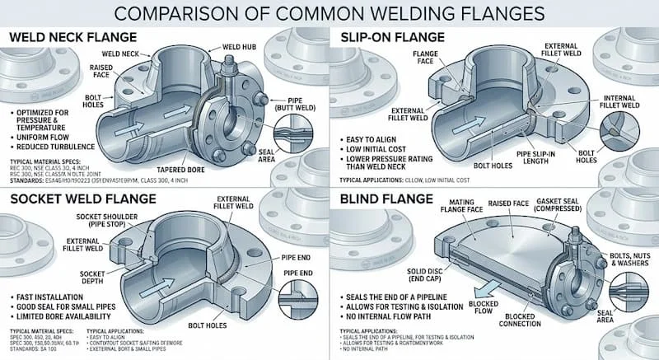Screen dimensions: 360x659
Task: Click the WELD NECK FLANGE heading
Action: pos(75,39)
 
